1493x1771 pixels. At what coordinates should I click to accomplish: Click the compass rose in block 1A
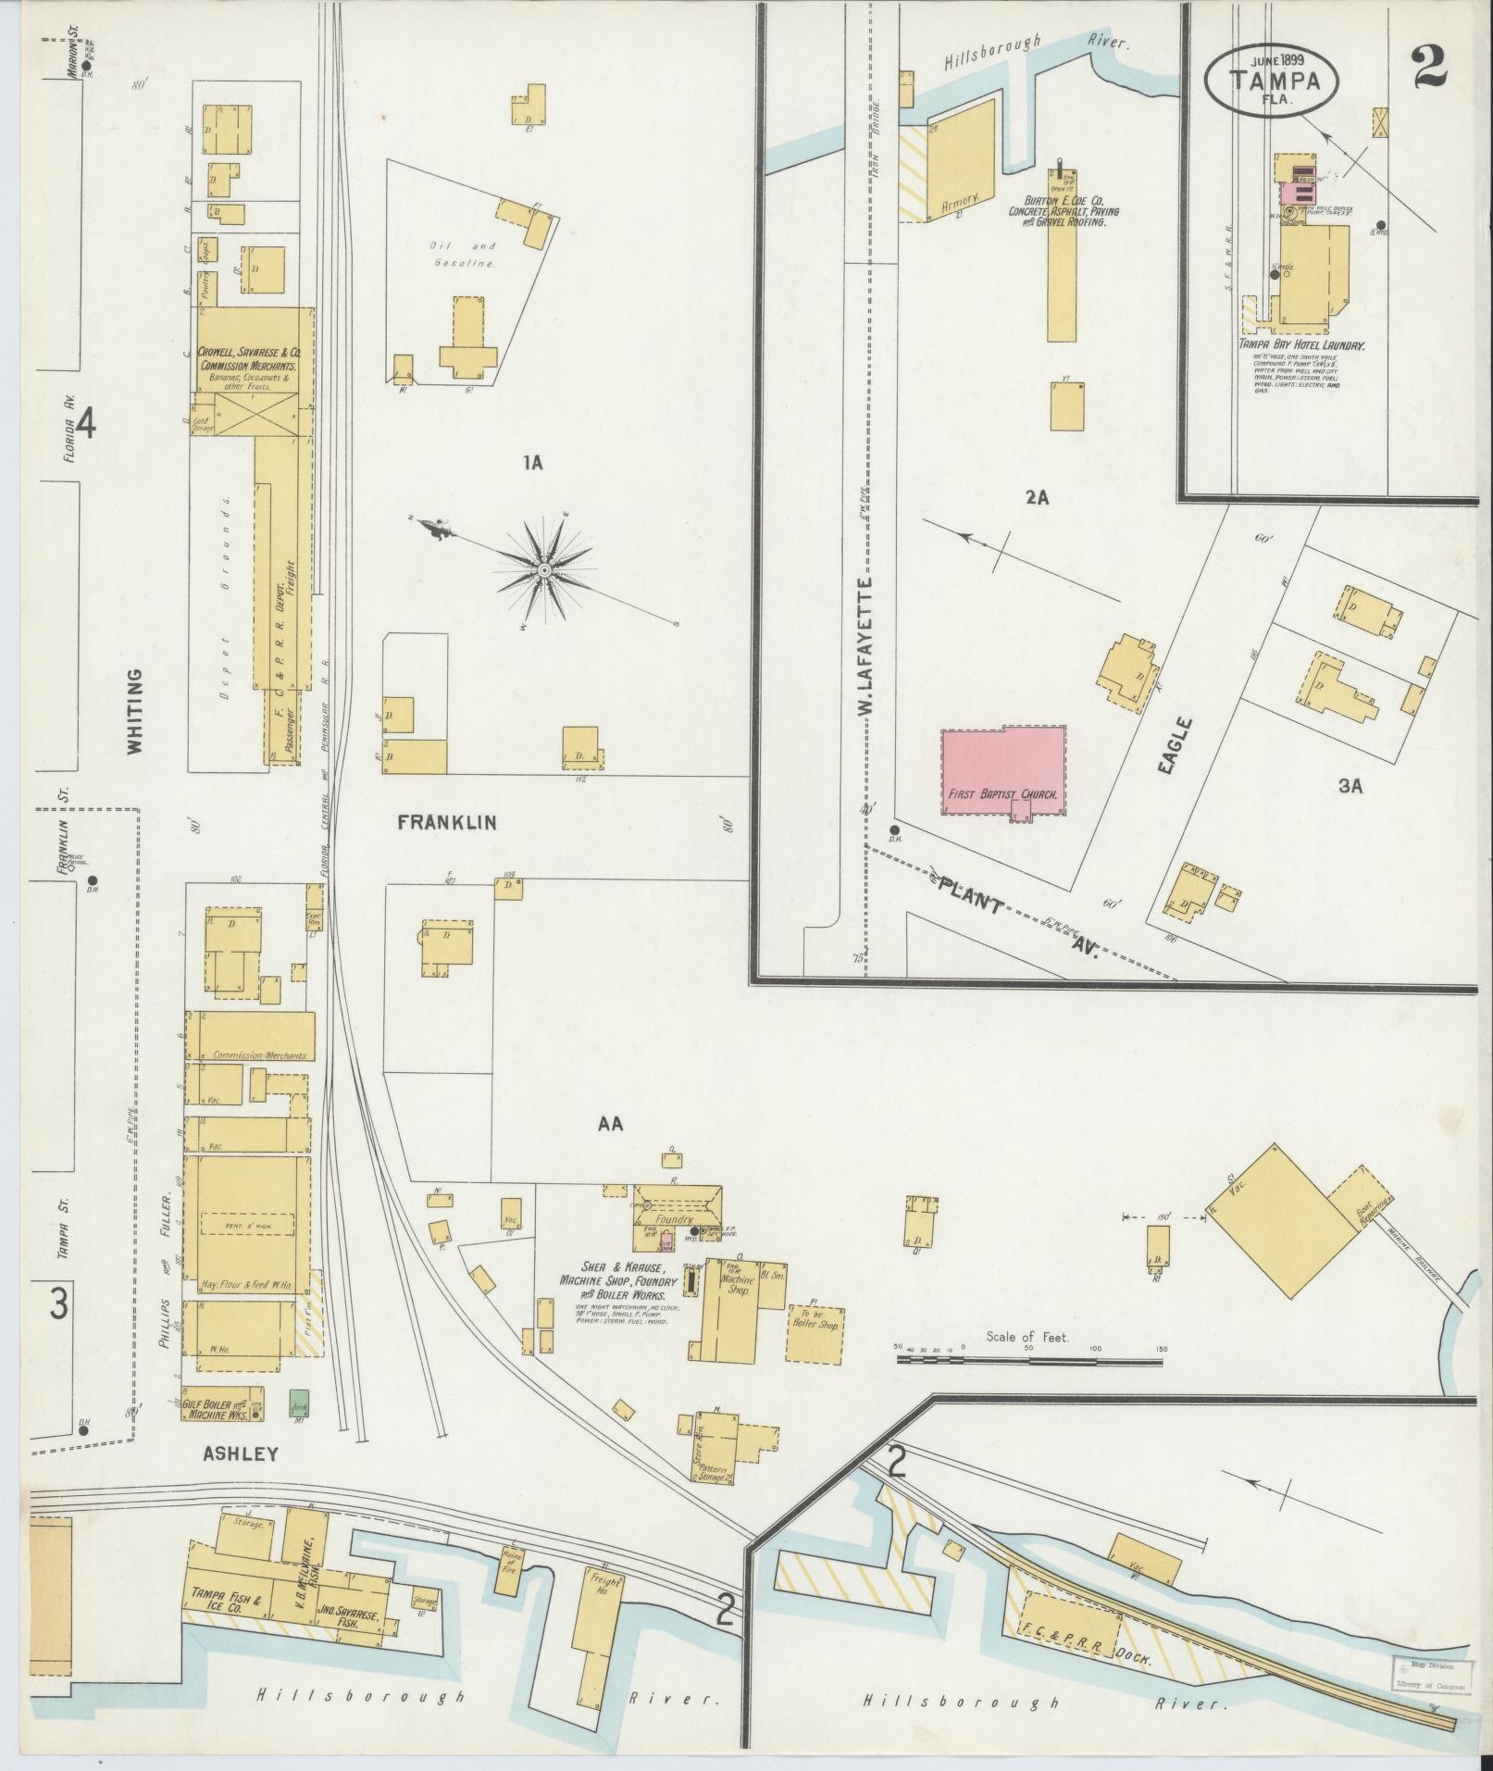coord(544,569)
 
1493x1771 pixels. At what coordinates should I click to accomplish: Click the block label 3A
coord(1350,786)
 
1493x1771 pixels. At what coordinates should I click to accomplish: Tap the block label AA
coord(611,1125)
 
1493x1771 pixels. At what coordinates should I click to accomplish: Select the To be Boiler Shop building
coord(815,1334)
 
